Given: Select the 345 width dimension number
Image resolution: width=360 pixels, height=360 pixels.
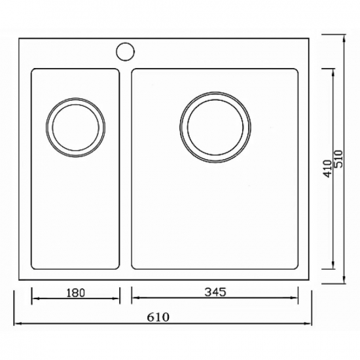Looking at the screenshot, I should coord(216,293).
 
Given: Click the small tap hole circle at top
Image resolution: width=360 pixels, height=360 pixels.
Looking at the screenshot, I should coord(124,51).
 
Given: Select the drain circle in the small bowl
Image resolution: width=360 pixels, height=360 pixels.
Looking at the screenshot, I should coord(75,128).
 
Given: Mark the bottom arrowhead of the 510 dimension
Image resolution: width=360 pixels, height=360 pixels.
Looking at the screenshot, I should coord(345,282).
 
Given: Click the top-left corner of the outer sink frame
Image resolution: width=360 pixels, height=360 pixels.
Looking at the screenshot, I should coord(20,39).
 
